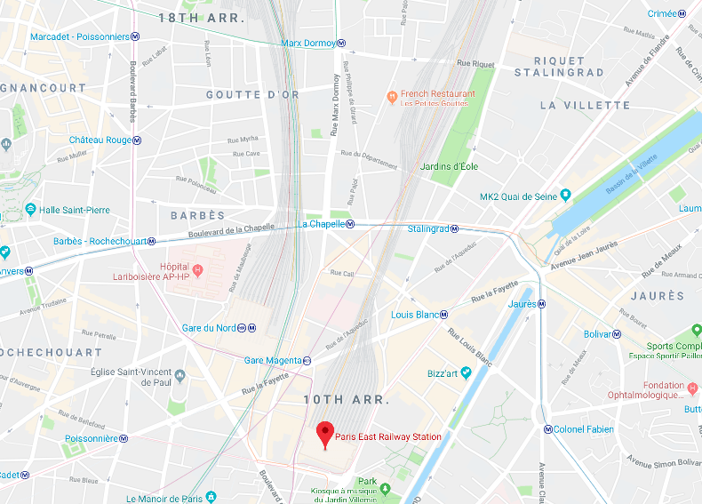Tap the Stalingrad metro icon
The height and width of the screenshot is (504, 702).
[x=454, y=228]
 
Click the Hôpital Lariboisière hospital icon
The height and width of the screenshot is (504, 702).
[x=197, y=269]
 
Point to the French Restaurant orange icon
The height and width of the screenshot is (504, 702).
[x=391, y=96]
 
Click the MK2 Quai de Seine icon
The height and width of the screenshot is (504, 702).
[x=565, y=195]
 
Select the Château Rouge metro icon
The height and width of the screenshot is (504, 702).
[x=138, y=140]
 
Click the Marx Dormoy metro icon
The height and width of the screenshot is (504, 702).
[x=342, y=43]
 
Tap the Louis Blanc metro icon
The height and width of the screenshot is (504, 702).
[x=443, y=315]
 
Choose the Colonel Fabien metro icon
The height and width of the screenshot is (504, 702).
[x=547, y=429]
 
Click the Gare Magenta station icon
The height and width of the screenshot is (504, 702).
[x=307, y=361]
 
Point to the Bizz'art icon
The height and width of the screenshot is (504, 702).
[x=465, y=373]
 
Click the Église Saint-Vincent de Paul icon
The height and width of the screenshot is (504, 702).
[x=180, y=375]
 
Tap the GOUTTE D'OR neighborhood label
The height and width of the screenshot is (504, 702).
[x=245, y=94]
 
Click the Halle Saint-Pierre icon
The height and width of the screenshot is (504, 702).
[x=30, y=209]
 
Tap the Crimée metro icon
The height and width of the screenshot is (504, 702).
[x=682, y=14]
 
